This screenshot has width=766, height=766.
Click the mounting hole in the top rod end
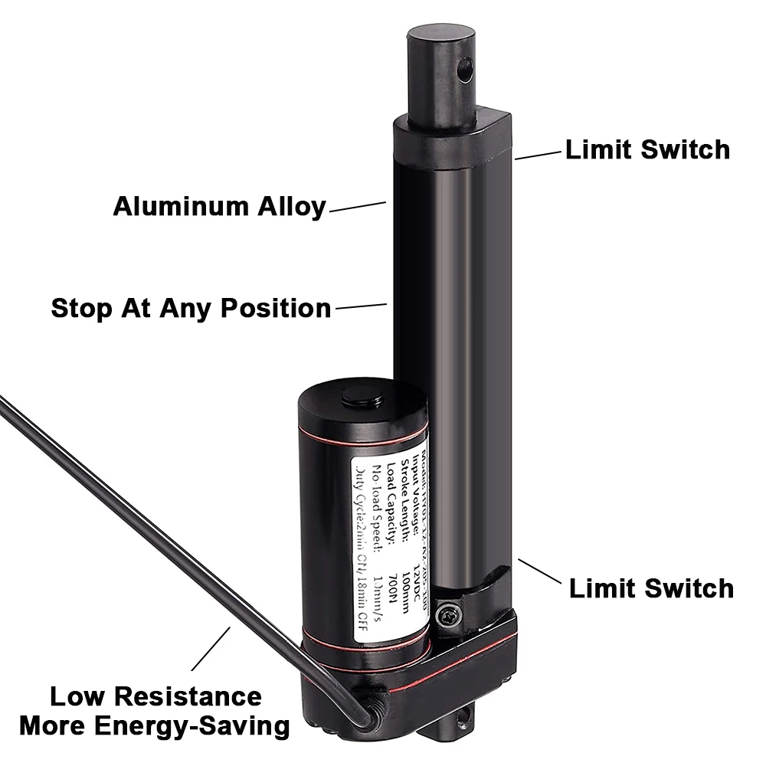point(463,71)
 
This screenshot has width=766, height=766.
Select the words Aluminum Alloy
point(219,207)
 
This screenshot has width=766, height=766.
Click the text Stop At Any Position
point(191,308)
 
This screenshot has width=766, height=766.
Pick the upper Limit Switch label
point(647,149)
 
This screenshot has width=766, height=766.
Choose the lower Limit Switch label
point(651,588)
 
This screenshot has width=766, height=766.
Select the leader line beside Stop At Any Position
point(361,306)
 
